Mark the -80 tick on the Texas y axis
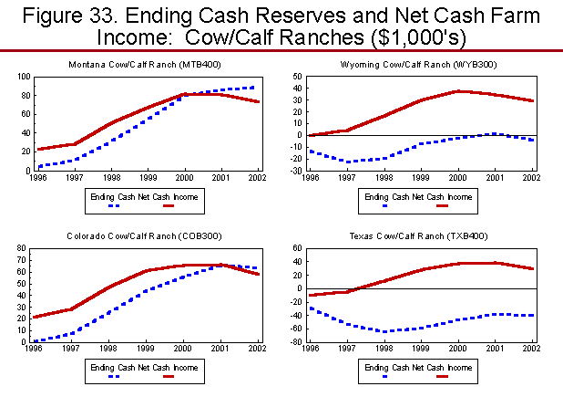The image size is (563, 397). (297, 343)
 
